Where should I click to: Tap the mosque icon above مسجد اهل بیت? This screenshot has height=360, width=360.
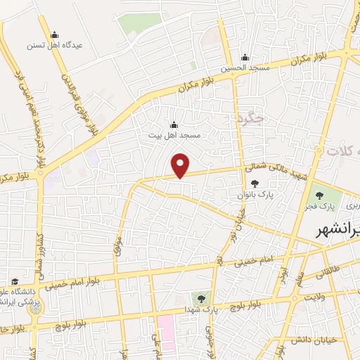(174, 124)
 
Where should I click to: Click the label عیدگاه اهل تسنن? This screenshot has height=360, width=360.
(55, 44)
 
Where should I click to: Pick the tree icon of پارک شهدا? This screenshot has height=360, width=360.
(202, 298)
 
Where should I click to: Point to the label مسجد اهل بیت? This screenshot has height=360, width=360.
(174, 134)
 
